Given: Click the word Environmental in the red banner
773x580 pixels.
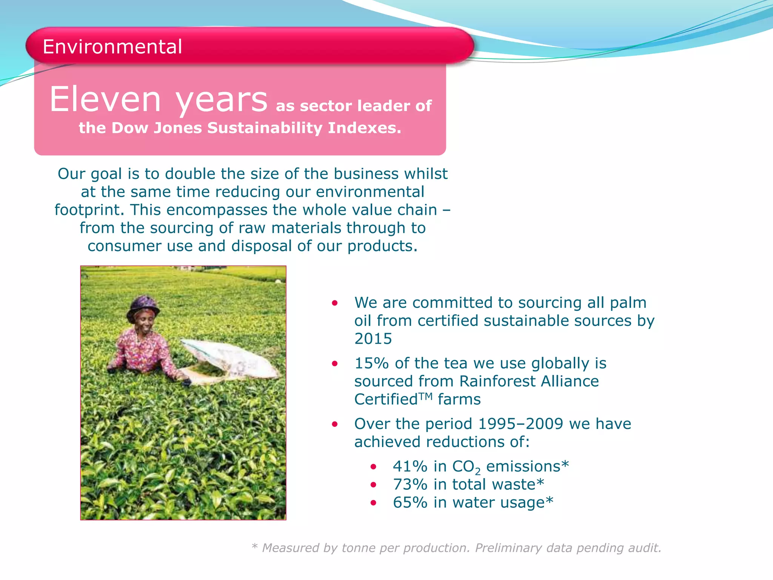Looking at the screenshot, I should (x=112, y=47).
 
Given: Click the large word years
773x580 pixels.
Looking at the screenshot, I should (x=222, y=100).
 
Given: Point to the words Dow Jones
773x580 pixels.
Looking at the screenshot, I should (x=157, y=128).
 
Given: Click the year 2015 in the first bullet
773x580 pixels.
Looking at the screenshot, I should (x=373, y=339).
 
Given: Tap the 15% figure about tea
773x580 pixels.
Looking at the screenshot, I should (x=371, y=363).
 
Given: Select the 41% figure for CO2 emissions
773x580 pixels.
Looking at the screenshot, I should (x=410, y=466).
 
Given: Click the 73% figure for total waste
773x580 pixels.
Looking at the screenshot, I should (x=410, y=484).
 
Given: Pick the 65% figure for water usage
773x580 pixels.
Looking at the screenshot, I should (x=410, y=503).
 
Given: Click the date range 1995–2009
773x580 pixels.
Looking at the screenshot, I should (x=520, y=424).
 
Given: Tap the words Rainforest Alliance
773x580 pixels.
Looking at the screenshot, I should (x=529, y=381).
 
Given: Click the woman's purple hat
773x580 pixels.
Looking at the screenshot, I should (x=143, y=304).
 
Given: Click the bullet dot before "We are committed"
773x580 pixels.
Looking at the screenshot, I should (x=334, y=303).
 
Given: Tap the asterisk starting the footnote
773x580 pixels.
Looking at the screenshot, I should (x=255, y=547).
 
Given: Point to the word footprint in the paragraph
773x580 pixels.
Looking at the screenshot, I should (x=89, y=210).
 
